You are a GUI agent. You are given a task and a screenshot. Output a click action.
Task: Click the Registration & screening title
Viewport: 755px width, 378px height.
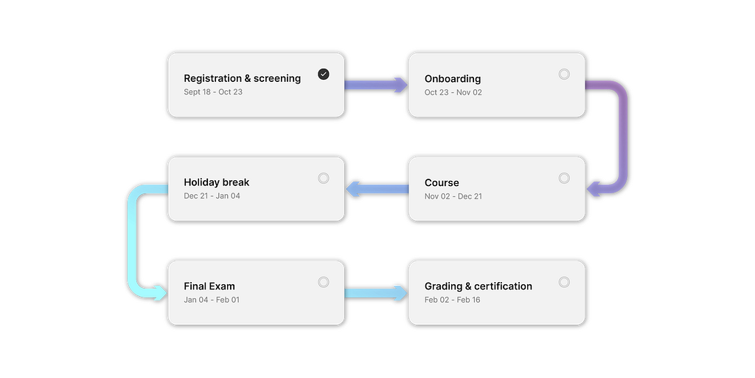click(242, 78)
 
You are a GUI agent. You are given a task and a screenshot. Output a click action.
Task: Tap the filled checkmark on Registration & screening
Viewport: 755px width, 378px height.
click(323, 74)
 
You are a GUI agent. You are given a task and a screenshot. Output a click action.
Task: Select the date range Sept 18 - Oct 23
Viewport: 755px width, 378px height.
click(213, 92)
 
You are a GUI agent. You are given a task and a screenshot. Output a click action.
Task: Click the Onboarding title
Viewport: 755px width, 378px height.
click(452, 78)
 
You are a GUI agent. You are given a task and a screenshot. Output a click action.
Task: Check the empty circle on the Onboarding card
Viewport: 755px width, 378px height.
click(564, 74)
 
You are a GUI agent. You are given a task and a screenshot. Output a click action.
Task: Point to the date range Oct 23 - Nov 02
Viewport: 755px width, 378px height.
click(453, 92)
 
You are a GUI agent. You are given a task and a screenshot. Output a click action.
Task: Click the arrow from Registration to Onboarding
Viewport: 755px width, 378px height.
click(376, 85)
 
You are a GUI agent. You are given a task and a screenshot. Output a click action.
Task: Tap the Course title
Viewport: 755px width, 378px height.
click(442, 182)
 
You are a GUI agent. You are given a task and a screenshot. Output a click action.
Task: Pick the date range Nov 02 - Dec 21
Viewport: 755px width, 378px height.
click(453, 196)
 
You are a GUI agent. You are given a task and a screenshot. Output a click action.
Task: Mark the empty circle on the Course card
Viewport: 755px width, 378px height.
click(564, 178)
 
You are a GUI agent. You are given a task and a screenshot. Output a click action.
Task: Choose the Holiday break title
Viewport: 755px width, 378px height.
click(216, 182)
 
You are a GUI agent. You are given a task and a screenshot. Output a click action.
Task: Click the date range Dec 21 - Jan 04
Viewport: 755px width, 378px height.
click(212, 196)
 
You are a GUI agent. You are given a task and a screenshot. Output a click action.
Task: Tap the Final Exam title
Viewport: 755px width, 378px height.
click(209, 286)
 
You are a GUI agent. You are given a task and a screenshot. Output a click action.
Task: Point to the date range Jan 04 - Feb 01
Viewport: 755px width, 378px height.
click(212, 300)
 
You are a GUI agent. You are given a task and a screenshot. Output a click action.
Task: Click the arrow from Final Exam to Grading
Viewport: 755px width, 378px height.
click(376, 293)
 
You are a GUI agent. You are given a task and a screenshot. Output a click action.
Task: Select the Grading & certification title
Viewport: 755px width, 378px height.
click(478, 286)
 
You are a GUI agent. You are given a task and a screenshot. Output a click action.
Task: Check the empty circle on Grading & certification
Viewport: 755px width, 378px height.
click(564, 282)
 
